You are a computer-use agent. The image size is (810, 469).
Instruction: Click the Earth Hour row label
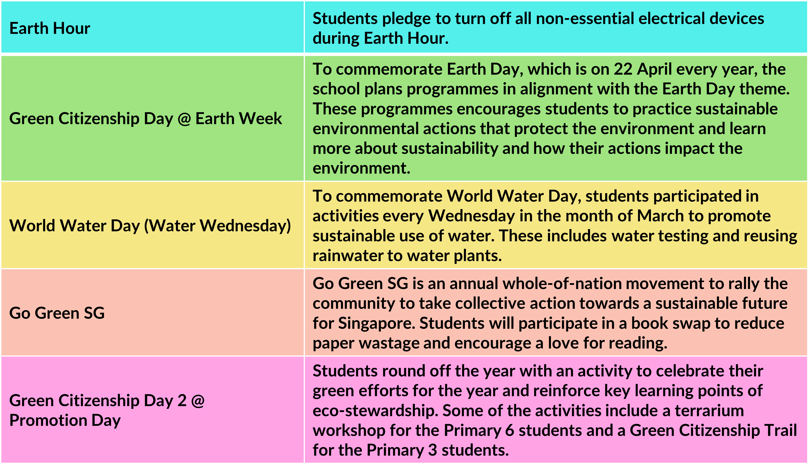pyautogui.click(x=50, y=28)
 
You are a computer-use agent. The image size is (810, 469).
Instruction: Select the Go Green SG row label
pyautogui.click(x=57, y=313)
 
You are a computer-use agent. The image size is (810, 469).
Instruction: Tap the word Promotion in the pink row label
pyautogui.click(x=48, y=420)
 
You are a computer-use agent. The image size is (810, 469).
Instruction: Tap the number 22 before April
pyautogui.click(x=623, y=69)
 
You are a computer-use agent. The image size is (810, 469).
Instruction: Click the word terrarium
pyautogui.click(x=709, y=411)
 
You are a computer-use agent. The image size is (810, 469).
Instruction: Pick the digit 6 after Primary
pyautogui.click(x=510, y=431)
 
